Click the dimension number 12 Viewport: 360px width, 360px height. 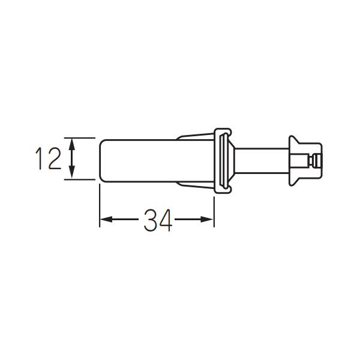click(x=47, y=159)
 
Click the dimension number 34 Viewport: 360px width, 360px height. click(x=157, y=220)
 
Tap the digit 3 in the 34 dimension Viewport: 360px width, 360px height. click(x=150, y=220)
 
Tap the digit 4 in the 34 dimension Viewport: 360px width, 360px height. click(x=165, y=220)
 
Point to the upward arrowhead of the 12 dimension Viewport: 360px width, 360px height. click(x=73, y=143)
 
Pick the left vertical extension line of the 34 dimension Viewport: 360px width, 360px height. click(x=99, y=204)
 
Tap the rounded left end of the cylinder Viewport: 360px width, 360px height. click(x=101, y=159)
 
